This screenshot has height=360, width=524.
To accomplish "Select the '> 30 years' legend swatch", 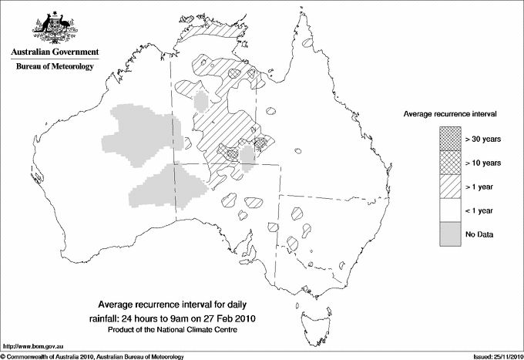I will point(450,139).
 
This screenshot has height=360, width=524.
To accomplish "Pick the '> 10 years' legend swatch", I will point(450,163).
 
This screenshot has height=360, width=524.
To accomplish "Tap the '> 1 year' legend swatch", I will point(450,186).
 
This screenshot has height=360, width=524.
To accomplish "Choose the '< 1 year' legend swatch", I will point(450,210).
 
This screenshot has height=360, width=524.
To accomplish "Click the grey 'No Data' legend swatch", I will point(450,234).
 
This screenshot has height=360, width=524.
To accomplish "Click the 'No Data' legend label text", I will point(480,234).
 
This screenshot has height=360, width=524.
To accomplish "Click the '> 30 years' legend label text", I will point(483,139).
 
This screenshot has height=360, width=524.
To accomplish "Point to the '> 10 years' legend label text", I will point(483,163).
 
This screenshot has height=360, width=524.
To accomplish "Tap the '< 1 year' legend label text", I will point(482,210).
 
